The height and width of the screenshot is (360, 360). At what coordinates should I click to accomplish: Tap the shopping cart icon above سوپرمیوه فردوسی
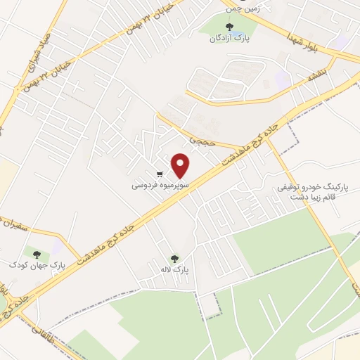(x=160, y=174)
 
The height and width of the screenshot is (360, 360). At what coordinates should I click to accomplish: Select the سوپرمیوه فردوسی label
(x=158, y=186)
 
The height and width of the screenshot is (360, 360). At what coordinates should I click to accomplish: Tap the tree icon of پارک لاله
(x=174, y=258)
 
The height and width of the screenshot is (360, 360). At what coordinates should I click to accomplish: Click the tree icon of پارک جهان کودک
(x=35, y=253)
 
